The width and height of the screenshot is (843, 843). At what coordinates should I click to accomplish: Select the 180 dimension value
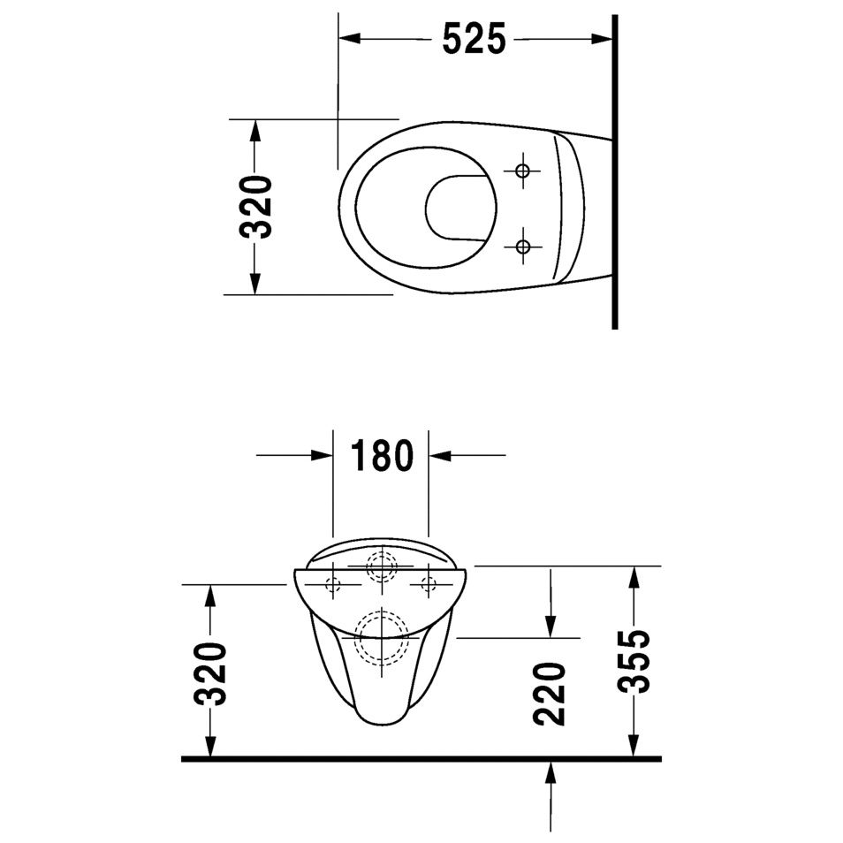(x=382, y=456)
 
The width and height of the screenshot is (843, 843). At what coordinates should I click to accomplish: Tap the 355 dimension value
(x=634, y=663)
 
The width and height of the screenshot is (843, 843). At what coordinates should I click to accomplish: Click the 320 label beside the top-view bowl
(x=256, y=207)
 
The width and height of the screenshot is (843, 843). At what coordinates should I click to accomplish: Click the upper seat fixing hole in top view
(x=523, y=170)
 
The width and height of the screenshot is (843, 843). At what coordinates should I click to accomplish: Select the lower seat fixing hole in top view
(x=523, y=246)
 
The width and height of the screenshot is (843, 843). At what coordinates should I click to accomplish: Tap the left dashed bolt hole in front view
(x=333, y=583)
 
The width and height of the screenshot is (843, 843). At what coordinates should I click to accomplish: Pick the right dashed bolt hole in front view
(x=429, y=583)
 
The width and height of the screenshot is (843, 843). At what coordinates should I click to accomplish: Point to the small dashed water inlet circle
(x=381, y=566)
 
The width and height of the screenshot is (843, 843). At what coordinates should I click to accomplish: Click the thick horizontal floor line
(x=421, y=758)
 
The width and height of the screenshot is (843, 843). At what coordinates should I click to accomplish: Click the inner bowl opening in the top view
(x=459, y=208)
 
